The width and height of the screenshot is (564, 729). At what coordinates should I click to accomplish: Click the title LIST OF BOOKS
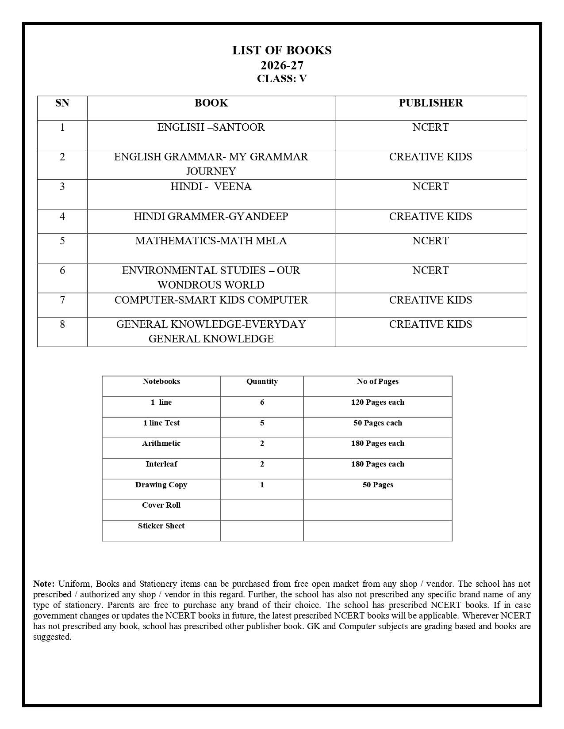282,50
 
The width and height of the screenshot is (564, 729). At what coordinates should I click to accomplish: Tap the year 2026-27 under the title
282,65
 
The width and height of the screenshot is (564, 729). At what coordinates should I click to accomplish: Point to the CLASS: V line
282,79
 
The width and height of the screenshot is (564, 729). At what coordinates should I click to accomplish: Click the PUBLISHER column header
431,103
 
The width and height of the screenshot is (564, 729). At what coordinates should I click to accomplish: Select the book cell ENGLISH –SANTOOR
211,127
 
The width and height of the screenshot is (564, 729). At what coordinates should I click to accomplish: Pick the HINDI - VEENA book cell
211,186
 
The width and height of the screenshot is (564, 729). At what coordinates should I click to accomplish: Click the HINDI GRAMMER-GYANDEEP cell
211,216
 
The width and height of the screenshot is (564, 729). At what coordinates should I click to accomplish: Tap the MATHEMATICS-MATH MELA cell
211,241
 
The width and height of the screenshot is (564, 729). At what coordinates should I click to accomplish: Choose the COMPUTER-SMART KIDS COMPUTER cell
211,300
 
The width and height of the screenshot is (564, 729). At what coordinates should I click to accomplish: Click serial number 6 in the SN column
62,270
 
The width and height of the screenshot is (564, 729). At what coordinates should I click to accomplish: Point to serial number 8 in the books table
62,324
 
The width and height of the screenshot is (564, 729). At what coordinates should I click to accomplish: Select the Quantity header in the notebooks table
262,382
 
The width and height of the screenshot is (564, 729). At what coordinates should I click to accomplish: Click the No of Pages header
378,382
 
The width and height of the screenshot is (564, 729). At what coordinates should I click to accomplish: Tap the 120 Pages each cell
378,402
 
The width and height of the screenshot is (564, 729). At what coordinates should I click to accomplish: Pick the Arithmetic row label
161,444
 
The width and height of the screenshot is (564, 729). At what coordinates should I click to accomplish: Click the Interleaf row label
161,464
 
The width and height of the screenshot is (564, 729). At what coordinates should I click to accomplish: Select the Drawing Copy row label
161,485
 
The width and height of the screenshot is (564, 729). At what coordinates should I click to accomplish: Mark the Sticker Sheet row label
161,526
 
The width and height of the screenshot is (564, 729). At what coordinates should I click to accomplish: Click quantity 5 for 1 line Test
262,423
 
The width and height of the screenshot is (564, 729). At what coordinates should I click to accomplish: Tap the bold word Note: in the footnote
44,584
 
